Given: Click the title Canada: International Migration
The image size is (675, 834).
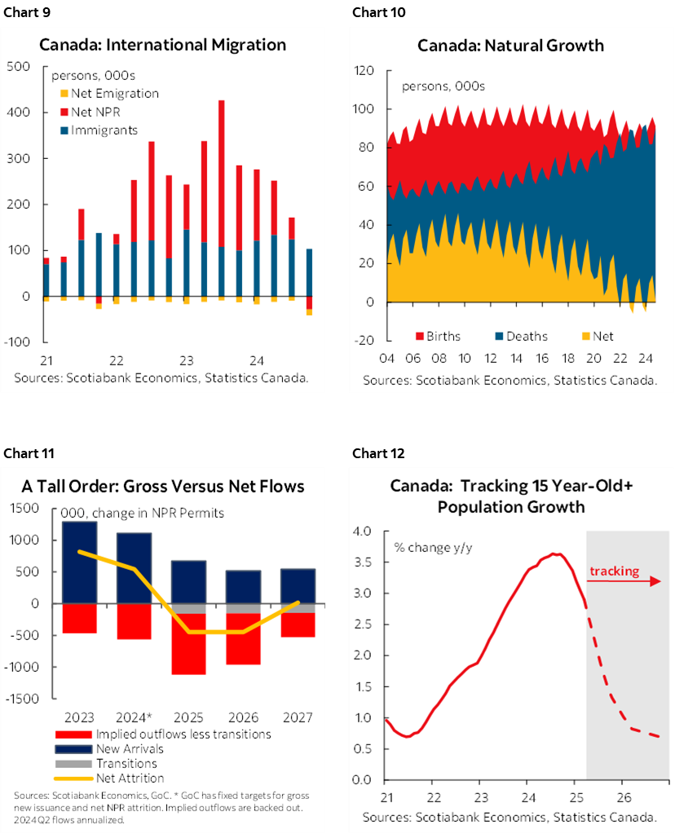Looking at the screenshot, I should click(x=162, y=44).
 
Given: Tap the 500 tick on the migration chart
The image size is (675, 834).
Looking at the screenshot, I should click(x=17, y=66).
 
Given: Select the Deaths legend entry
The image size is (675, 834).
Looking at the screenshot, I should click(x=527, y=336).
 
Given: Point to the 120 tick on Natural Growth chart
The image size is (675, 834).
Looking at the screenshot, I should click(x=364, y=71).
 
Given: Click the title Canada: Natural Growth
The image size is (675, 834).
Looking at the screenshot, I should click(x=510, y=45).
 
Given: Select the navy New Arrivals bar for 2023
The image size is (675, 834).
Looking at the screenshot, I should click(x=80, y=562).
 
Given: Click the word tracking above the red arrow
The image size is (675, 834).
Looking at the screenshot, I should click(x=615, y=571).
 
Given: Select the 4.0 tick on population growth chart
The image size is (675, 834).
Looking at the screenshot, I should click(x=363, y=532).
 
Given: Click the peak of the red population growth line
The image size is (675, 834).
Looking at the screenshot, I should click(x=554, y=554).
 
